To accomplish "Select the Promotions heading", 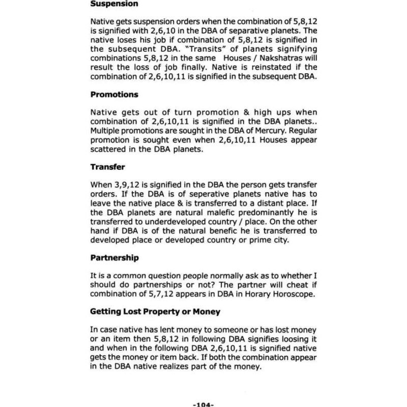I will click(x=115, y=94).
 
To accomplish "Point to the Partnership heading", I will click(x=114, y=258).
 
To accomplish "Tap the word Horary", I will click(x=254, y=295).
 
